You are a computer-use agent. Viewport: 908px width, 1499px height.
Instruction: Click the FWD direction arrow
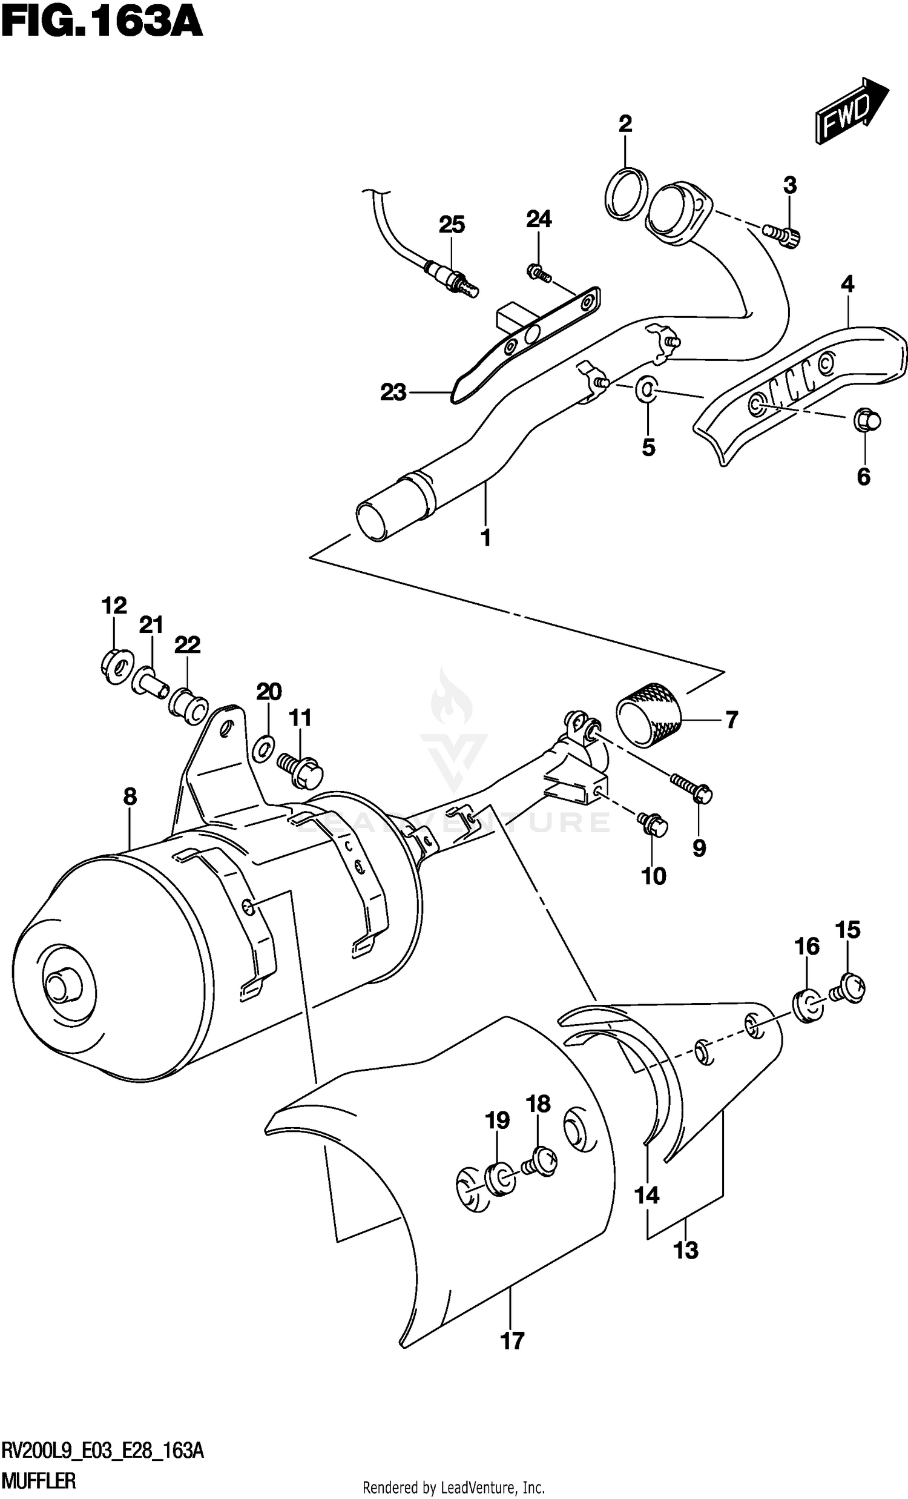(x=851, y=111)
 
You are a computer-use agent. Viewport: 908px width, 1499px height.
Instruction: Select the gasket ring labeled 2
(x=626, y=192)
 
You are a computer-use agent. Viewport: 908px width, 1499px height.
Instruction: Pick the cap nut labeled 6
(x=867, y=421)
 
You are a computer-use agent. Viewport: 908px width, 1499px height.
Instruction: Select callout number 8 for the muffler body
(x=130, y=796)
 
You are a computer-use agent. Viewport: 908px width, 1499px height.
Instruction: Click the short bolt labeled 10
(x=653, y=823)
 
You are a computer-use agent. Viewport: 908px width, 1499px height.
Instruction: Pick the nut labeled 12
(x=115, y=664)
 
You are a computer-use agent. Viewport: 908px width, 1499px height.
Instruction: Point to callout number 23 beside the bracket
(x=393, y=392)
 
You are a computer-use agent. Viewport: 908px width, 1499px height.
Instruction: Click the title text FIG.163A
(x=101, y=23)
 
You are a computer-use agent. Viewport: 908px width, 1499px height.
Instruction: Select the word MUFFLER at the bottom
(x=39, y=1481)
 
